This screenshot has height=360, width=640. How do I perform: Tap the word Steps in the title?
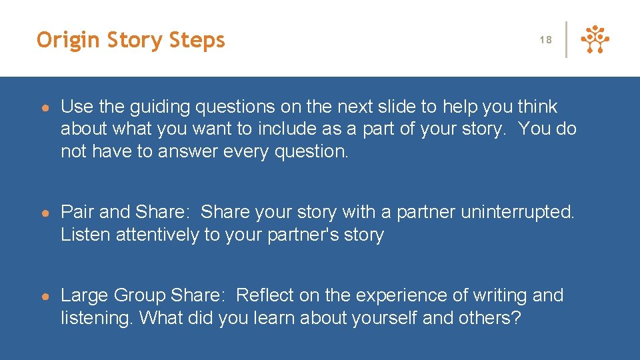click(197, 41)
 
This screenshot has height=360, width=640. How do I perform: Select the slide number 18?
click(546, 40)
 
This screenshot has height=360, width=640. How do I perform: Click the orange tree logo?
click(595, 40)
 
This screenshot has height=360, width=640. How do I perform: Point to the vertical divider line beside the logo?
click(566, 40)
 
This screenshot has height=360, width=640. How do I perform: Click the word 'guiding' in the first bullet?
click(166, 107)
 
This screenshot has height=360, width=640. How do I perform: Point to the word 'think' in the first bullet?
click(537, 107)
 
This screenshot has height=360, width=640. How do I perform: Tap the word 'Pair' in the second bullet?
click(78, 212)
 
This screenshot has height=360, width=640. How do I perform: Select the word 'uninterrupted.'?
click(517, 212)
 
